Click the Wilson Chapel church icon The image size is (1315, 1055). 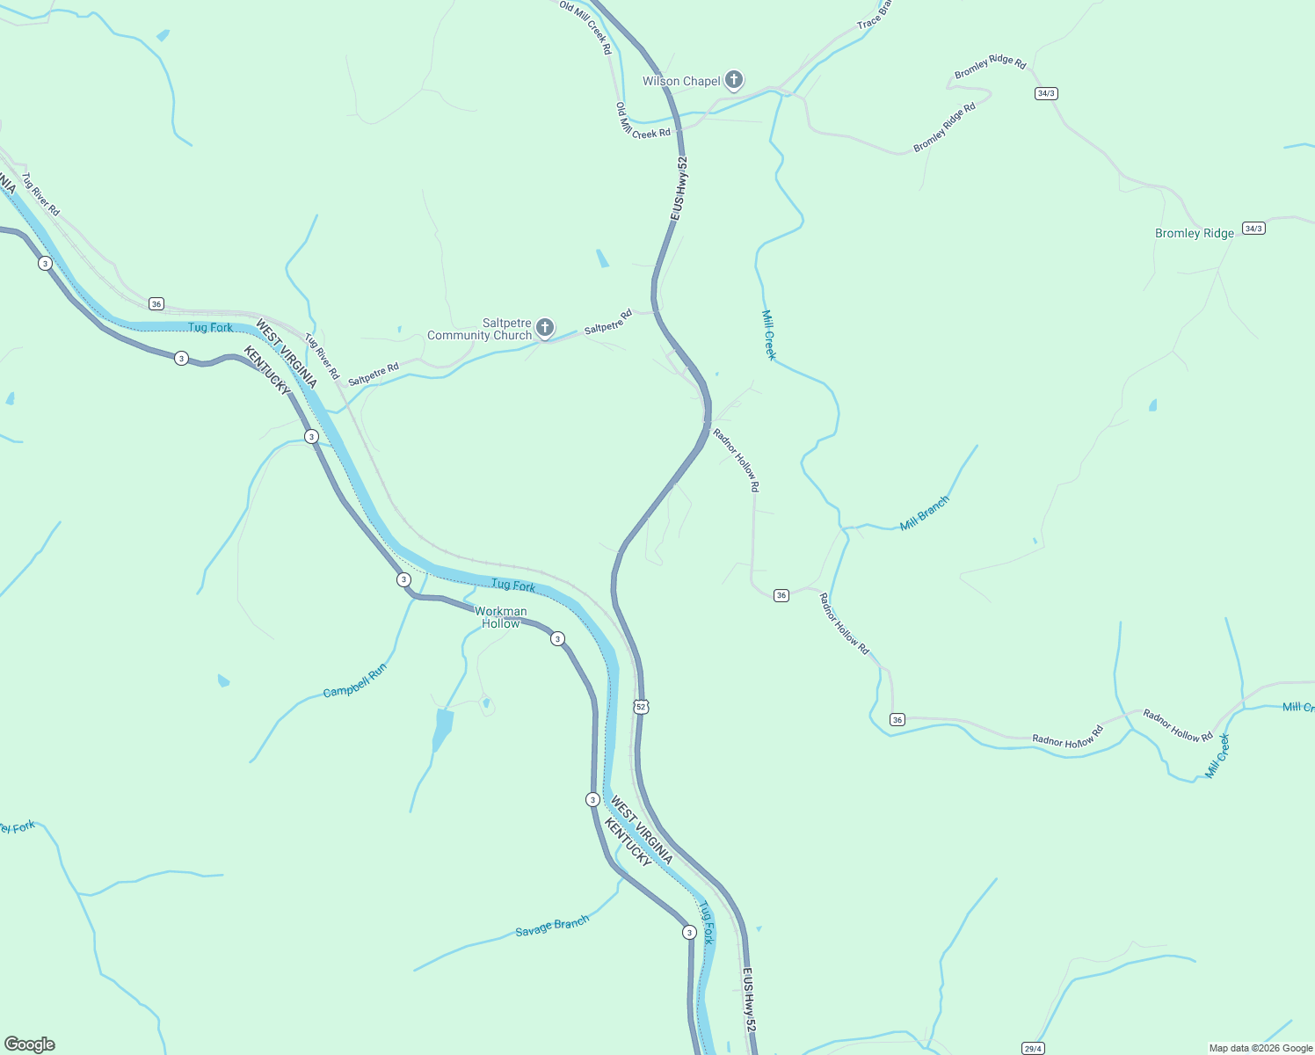tap(733, 80)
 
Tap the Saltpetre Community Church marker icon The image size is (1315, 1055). tap(545, 329)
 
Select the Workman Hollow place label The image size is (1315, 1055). tap(500, 617)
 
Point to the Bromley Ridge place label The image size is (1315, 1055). tap(1194, 233)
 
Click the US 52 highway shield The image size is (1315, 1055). tap(641, 707)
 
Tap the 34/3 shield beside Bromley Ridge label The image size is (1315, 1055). tap(1253, 229)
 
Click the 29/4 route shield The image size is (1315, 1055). tap(1033, 1048)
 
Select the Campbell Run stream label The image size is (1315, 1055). tap(355, 680)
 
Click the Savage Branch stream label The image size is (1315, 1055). tap(552, 927)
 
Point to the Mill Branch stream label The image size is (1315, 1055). tap(925, 513)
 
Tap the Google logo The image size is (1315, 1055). tap(30, 1044)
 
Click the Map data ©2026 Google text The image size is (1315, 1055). tap(1261, 1048)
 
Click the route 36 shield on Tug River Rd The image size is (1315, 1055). tap(156, 304)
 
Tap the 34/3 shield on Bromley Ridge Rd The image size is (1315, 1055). tap(1046, 93)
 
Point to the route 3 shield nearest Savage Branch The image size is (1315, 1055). tap(689, 932)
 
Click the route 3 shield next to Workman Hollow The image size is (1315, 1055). tap(557, 638)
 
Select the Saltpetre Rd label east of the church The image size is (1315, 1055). tap(608, 321)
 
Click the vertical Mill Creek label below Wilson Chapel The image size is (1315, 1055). tap(769, 335)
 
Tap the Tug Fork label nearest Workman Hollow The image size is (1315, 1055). tap(513, 585)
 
